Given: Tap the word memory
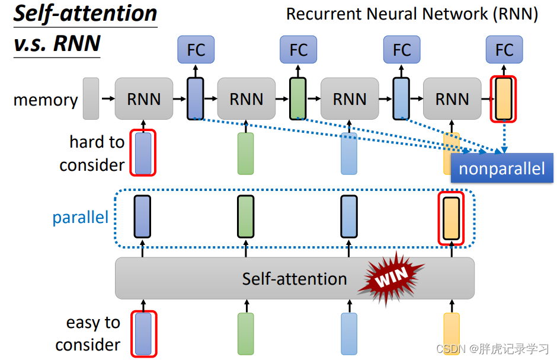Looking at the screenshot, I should point(46,100).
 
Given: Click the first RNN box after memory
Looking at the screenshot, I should point(144,98).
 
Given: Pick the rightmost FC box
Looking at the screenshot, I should point(504,50).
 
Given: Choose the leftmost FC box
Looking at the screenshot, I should point(196,50).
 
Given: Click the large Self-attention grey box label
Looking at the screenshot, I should point(294,278).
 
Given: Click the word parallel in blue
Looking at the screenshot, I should point(81,217).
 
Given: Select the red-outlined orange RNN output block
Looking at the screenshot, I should point(503,98).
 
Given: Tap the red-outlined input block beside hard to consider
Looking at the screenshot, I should point(143,154).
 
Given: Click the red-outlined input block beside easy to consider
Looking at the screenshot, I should point(143,334).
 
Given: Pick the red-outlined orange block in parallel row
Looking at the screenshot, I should point(451,218).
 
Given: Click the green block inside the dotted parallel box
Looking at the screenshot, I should point(245,216).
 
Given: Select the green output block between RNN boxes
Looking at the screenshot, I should point(298,98).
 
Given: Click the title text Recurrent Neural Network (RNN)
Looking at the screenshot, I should point(412,14).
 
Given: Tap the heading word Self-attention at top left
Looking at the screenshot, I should point(85,14).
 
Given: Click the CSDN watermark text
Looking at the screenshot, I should point(492,349).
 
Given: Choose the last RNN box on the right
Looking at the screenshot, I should point(452,98).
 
